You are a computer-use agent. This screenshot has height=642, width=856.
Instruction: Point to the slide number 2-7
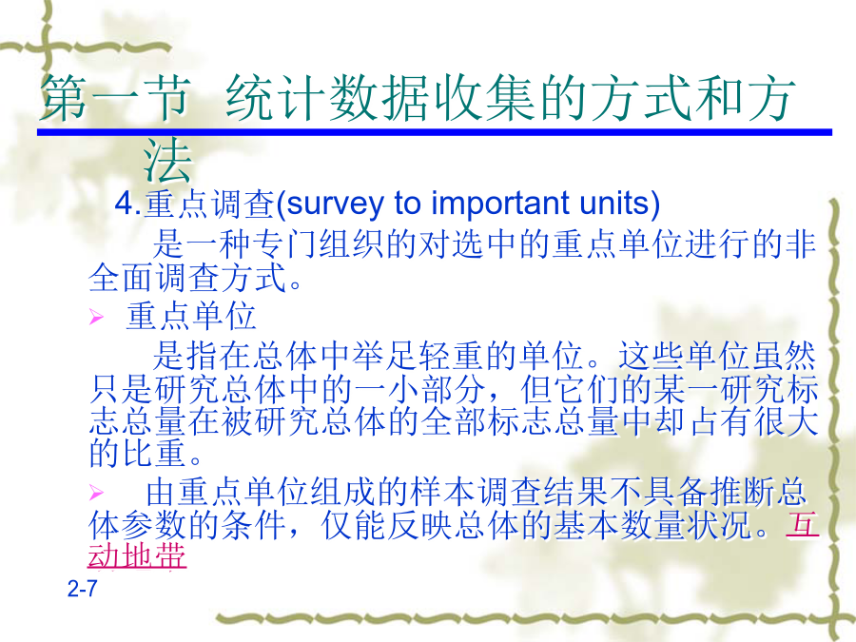83,589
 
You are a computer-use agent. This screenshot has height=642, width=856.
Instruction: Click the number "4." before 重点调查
127,204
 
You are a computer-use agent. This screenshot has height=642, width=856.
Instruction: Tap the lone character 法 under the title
167,161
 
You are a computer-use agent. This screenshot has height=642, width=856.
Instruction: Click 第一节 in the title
116,98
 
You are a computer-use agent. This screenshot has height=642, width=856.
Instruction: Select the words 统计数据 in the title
327,98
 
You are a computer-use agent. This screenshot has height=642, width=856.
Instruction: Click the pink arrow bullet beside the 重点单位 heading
96,316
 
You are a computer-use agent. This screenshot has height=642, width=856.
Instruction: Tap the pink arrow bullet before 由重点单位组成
96,493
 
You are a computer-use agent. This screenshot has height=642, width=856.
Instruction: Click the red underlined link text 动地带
137,555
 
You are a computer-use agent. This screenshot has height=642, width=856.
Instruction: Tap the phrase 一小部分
419,389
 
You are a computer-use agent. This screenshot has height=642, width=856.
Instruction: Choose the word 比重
154,453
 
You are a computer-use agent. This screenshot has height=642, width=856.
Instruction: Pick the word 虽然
784,356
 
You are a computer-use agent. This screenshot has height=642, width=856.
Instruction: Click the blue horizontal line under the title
435,132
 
